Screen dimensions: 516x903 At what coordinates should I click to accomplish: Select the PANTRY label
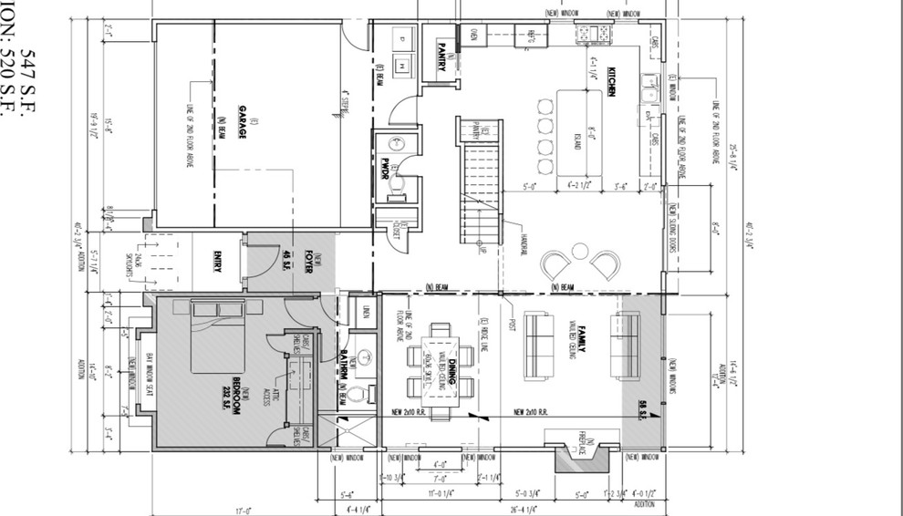pyautogui.click(x=441, y=45)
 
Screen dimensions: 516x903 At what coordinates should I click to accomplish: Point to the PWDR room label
pyautogui.click(x=385, y=170)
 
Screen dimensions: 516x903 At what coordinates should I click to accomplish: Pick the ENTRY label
pyautogui.click(x=218, y=262)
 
